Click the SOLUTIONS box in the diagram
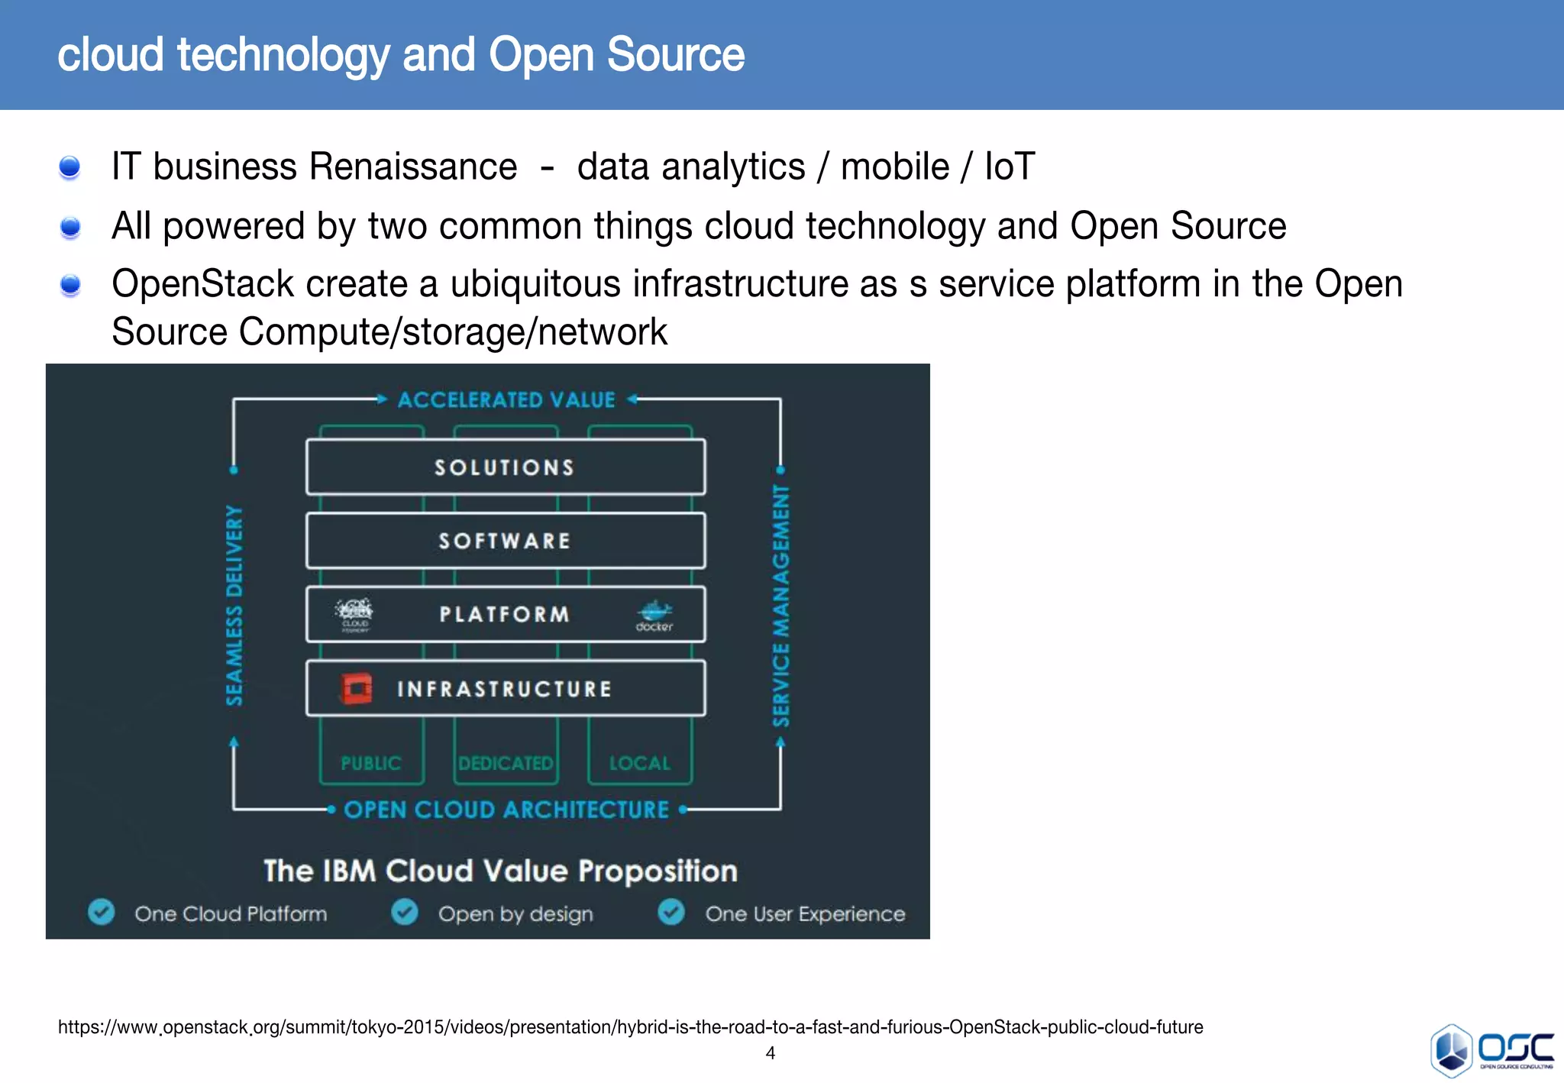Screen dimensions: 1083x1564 505,467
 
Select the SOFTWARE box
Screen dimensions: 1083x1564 505,541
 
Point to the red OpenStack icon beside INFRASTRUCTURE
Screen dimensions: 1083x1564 356,688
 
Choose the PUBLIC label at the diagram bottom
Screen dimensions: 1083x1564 371,763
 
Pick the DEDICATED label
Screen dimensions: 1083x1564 506,763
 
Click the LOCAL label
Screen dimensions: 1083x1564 640,763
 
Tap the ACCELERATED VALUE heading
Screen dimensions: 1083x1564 506,399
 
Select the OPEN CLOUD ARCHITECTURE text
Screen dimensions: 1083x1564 506,810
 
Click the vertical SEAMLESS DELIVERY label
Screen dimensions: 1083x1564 234,605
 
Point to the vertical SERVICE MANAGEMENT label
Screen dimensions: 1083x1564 780,605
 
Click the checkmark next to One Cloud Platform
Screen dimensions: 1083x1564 101,912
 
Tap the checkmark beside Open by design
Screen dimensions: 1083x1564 405,912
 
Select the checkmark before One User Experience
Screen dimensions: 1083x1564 671,912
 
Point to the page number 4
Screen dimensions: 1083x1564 771,1053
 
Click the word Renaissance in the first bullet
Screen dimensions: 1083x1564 412,166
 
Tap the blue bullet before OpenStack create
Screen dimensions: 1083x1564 70,285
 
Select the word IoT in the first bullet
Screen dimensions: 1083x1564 1009,166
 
